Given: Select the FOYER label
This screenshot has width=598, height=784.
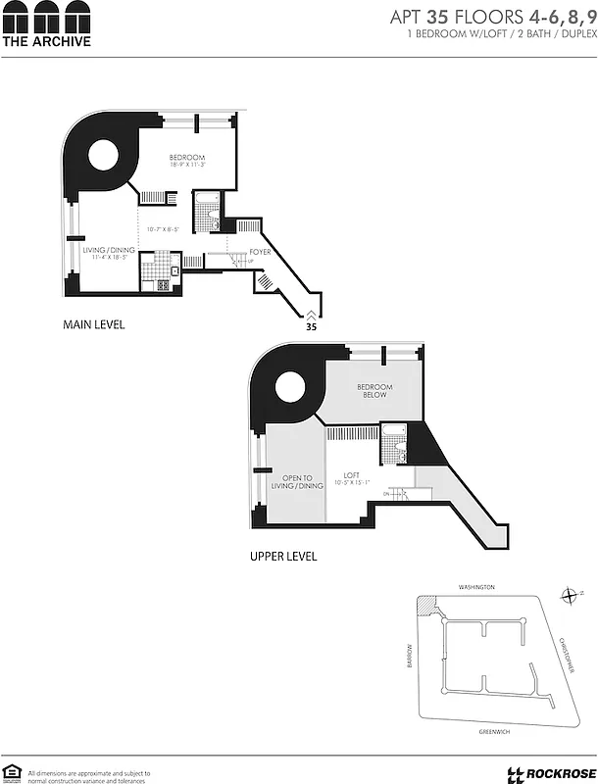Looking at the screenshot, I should click(x=260, y=252).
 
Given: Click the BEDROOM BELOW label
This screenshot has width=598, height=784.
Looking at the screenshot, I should click(x=374, y=391).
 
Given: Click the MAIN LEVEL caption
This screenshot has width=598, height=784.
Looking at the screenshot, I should click(x=94, y=324).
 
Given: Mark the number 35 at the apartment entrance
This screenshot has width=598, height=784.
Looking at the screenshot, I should click(x=311, y=328).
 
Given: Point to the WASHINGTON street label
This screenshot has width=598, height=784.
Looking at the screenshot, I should click(x=477, y=587).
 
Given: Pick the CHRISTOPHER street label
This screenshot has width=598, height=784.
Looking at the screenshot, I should click(x=567, y=654).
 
